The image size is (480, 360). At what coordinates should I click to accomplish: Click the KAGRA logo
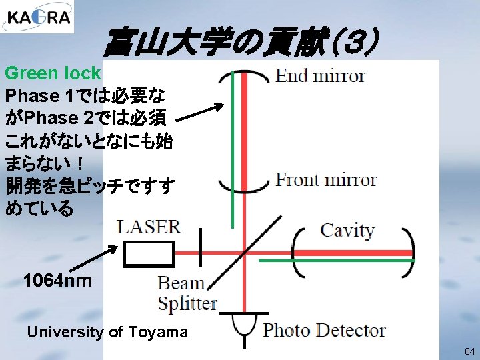[x=37, y=17]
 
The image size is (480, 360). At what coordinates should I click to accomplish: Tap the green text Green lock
[x=53, y=73]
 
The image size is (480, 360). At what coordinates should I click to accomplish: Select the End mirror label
[x=320, y=76]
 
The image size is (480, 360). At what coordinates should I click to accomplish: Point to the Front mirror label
[x=326, y=180]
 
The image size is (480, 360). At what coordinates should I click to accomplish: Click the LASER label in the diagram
[x=149, y=226]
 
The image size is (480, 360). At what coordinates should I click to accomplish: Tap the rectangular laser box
[x=149, y=254]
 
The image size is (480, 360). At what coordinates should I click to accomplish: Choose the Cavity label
[x=347, y=231]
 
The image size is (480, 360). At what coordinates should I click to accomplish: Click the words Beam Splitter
[x=187, y=293]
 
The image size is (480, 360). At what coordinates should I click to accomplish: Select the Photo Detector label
[x=324, y=330]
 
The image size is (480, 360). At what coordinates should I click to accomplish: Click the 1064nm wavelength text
[x=57, y=280]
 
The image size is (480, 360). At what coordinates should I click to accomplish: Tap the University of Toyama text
[x=107, y=332]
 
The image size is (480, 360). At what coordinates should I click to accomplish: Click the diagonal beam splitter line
[x=244, y=252]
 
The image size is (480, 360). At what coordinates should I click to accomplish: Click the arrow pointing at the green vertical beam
[x=200, y=113]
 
